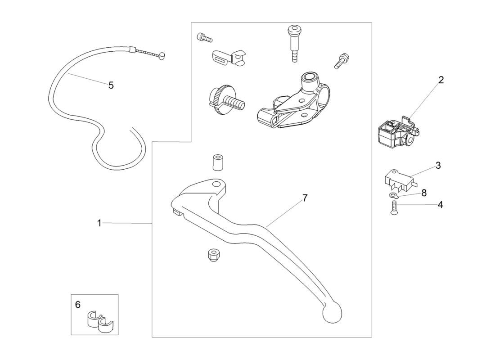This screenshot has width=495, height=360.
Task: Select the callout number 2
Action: (x=441, y=80)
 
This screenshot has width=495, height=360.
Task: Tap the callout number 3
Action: (x=438, y=165)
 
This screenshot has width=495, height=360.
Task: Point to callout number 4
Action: (x=440, y=205)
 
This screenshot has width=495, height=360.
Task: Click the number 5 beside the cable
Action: (x=111, y=85)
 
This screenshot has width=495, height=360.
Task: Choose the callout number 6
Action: (x=78, y=305)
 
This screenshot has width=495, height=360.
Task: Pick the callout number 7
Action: (x=305, y=198)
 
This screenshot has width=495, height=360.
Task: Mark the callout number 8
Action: (x=423, y=193)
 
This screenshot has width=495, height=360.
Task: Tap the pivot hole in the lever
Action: (x=216, y=184)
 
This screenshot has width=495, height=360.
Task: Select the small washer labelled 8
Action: (x=394, y=195)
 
